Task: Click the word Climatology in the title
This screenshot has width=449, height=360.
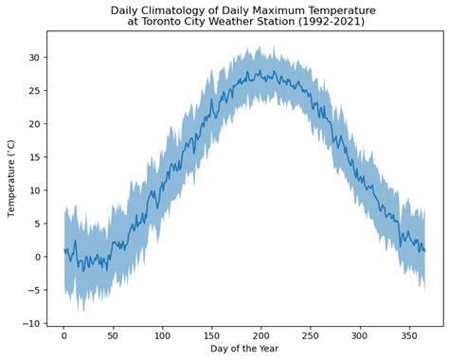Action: pyautogui.click(x=175, y=10)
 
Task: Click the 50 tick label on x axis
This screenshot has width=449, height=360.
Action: pyautogui.click(x=114, y=334)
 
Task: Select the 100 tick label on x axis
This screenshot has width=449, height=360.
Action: pyautogui.click(x=163, y=334)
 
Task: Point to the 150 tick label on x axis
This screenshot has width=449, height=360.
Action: pyautogui.click(x=212, y=334)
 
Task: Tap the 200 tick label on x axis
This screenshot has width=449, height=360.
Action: pyautogui.click(x=261, y=334)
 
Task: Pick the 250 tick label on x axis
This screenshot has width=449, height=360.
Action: pyautogui.click(x=311, y=334)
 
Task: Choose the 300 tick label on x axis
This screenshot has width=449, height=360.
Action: pyautogui.click(x=360, y=334)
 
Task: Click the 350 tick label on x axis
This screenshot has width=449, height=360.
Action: pyautogui.click(x=409, y=334)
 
